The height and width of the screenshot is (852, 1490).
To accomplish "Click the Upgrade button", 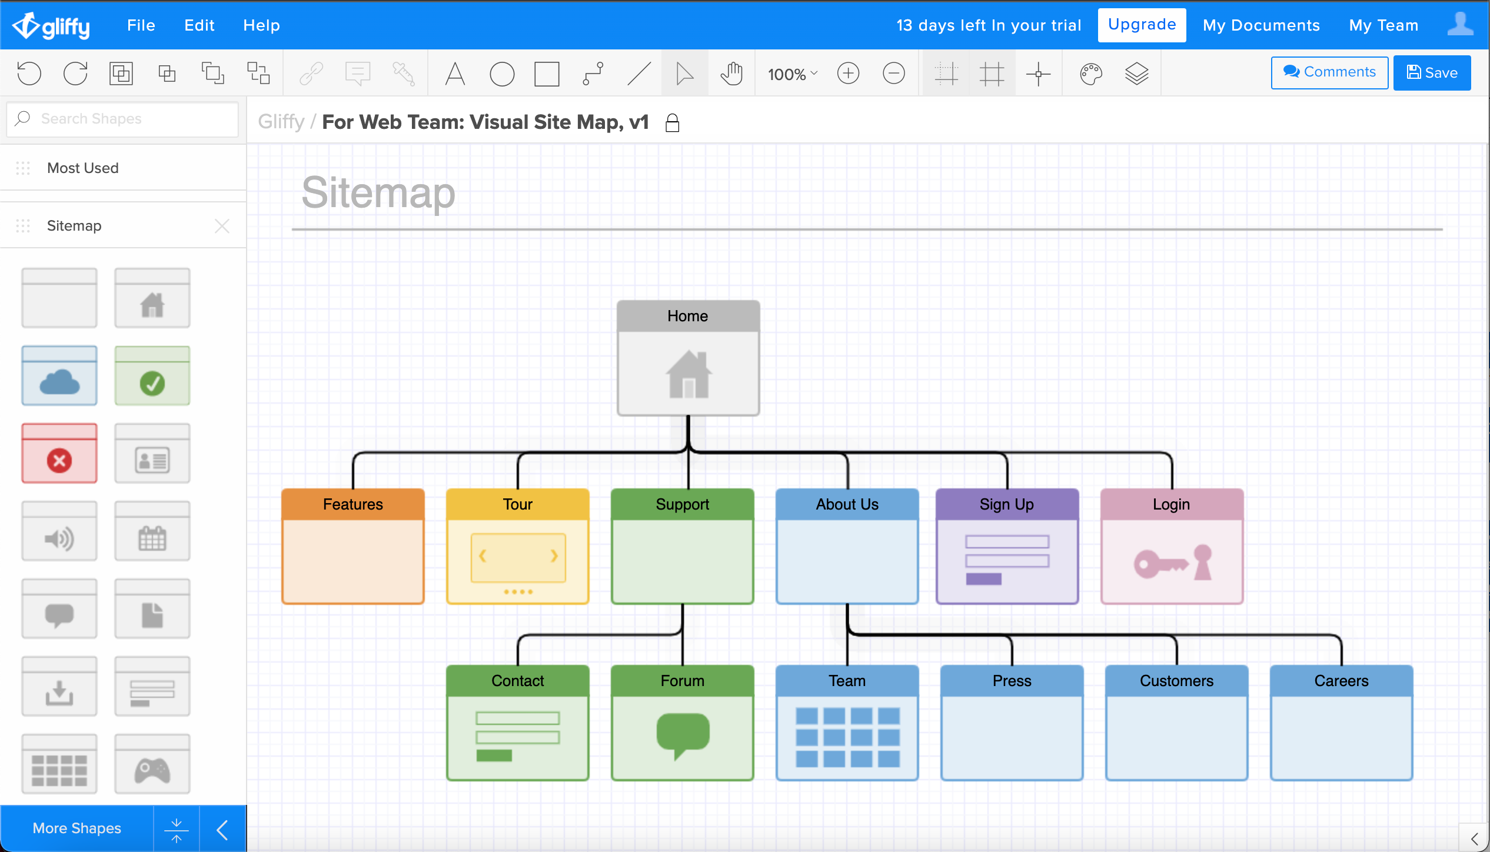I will click(1142, 25).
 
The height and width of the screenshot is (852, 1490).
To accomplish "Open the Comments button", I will click(1329, 72).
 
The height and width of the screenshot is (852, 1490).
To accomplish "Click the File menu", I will click(141, 25).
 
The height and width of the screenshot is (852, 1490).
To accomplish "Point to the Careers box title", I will click(1341, 681).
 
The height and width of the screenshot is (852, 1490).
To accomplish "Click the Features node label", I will click(353, 504).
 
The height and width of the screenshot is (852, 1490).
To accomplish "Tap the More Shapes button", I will click(77, 828).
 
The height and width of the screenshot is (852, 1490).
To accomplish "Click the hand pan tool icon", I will click(731, 74).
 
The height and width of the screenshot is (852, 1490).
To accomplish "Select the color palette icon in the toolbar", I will click(1090, 74).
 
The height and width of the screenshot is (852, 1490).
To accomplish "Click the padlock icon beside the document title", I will click(672, 123).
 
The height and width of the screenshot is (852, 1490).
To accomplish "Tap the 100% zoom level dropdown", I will click(792, 74).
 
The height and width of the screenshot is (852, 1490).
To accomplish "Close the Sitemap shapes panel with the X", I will click(222, 226).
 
